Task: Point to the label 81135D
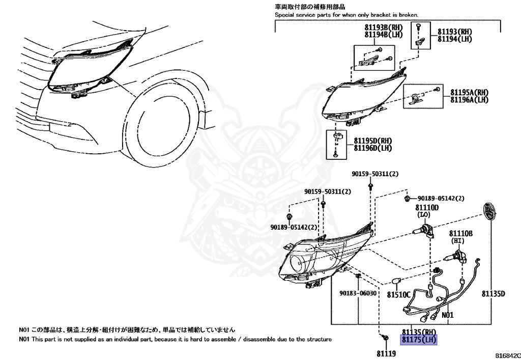pyautogui.click(x=494, y=294)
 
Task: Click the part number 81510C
pyautogui.click(x=398, y=294)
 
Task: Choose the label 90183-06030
pyautogui.click(x=358, y=293)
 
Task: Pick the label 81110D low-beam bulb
pyautogui.click(x=426, y=208)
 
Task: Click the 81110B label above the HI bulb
pyautogui.click(x=460, y=233)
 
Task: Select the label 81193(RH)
pyautogui.click(x=454, y=31)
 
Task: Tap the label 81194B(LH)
pyautogui.click(x=383, y=34)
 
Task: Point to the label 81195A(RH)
pyautogui.click(x=469, y=92)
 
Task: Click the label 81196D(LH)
pyautogui.click(x=372, y=148)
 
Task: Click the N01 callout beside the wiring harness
pyautogui.click(x=447, y=315)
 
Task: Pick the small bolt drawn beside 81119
pyautogui.click(x=385, y=338)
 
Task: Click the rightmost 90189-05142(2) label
pyautogui.click(x=441, y=198)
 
